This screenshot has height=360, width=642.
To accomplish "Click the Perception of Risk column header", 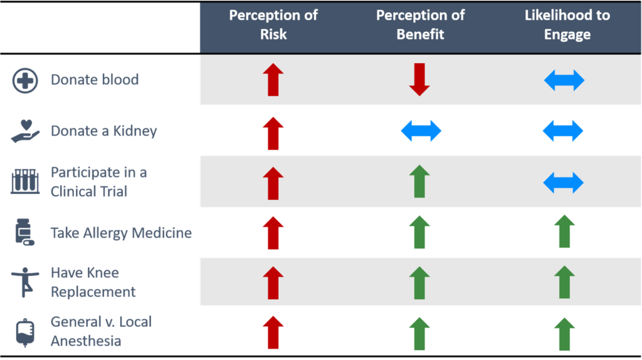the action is pos(273,24).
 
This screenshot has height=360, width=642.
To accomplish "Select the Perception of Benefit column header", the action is pos(420,24).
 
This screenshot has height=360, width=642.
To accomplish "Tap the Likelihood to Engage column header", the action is pos(567,24).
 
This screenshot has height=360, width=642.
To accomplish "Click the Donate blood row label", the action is pos(95,80).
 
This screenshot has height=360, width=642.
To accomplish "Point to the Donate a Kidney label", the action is pos(103,131).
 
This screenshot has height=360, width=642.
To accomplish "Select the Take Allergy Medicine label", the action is pos(121,233).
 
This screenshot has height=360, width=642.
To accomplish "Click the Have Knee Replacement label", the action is pos(93,282).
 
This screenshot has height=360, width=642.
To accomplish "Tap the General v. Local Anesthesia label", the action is pos(101,331).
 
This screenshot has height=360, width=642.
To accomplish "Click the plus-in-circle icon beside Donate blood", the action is pos(25,80).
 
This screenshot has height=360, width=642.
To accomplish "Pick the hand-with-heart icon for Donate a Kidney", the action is pos(25,131).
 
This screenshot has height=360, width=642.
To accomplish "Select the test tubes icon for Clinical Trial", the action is pos(25,181).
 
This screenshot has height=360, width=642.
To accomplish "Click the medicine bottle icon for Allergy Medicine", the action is pos(24,232).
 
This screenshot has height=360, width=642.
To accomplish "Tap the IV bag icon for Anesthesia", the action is pos(25,332).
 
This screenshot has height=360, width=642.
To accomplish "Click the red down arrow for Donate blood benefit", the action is pos(419,80).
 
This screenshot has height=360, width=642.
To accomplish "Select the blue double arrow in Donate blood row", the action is pos(564,80).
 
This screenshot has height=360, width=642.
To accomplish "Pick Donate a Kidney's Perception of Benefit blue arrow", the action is pos(421,131).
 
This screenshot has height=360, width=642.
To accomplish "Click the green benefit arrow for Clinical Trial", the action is pos(419,181).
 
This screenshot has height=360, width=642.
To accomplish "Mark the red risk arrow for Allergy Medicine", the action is pos(273,233).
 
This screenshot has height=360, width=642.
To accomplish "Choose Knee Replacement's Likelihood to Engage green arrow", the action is pos(564,282).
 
